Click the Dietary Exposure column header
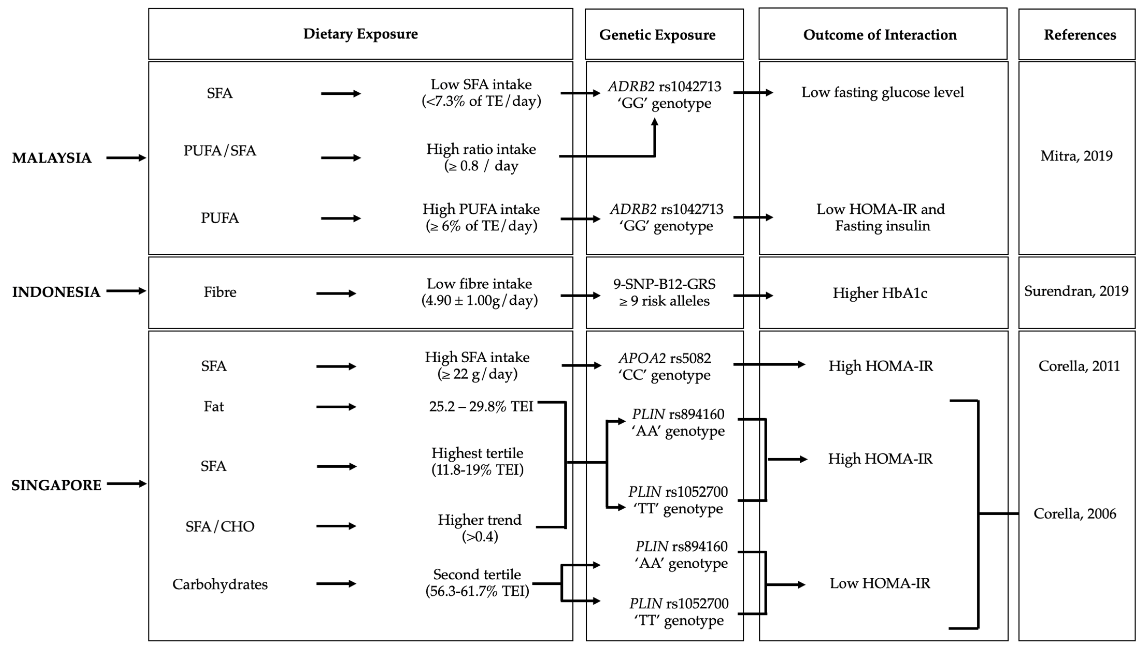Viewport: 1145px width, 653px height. pyautogui.click(x=360, y=34)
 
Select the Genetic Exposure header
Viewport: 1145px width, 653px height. pyautogui.click(x=657, y=35)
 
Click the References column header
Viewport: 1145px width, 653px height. pyautogui.click(x=1079, y=35)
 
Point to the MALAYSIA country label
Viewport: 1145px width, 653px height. pyautogui.click(x=52, y=158)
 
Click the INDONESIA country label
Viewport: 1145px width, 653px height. pyautogui.click(x=56, y=292)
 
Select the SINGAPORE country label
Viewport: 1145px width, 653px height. pyautogui.click(x=56, y=485)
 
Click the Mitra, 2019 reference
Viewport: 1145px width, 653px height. pyautogui.click(x=1076, y=156)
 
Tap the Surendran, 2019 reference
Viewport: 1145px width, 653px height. pyautogui.click(x=1076, y=291)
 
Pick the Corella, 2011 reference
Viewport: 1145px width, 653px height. pyautogui.click(x=1079, y=366)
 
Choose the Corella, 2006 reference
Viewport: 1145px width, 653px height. pyautogui.click(x=1075, y=513)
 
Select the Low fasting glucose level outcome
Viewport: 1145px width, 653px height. pyautogui.click(x=882, y=92)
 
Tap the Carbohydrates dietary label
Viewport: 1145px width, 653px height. pyautogui.click(x=220, y=584)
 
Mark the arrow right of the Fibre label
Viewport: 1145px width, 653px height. pyautogui.click(x=336, y=293)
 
